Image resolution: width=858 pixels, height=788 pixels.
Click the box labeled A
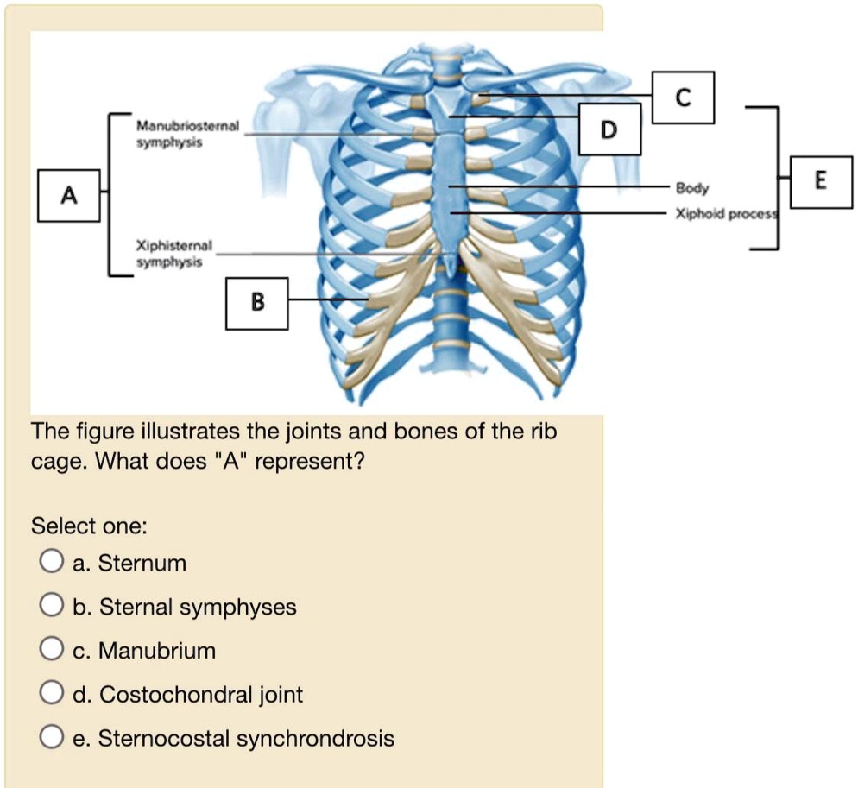70,196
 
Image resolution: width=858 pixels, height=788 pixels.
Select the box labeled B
256,302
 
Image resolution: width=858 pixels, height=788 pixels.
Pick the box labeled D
609,129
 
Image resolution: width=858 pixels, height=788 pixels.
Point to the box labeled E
819,180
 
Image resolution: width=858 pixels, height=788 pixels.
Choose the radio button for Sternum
51,564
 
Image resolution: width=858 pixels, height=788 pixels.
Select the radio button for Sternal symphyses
51,608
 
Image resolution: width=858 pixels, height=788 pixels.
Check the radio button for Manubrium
51,651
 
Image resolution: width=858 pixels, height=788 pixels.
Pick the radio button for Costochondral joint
51,695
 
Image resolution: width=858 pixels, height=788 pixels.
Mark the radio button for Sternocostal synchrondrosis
51,739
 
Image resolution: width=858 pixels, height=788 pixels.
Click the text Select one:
89,526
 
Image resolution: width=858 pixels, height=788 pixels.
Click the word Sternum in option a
142,564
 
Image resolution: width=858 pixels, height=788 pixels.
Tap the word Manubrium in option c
157,651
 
